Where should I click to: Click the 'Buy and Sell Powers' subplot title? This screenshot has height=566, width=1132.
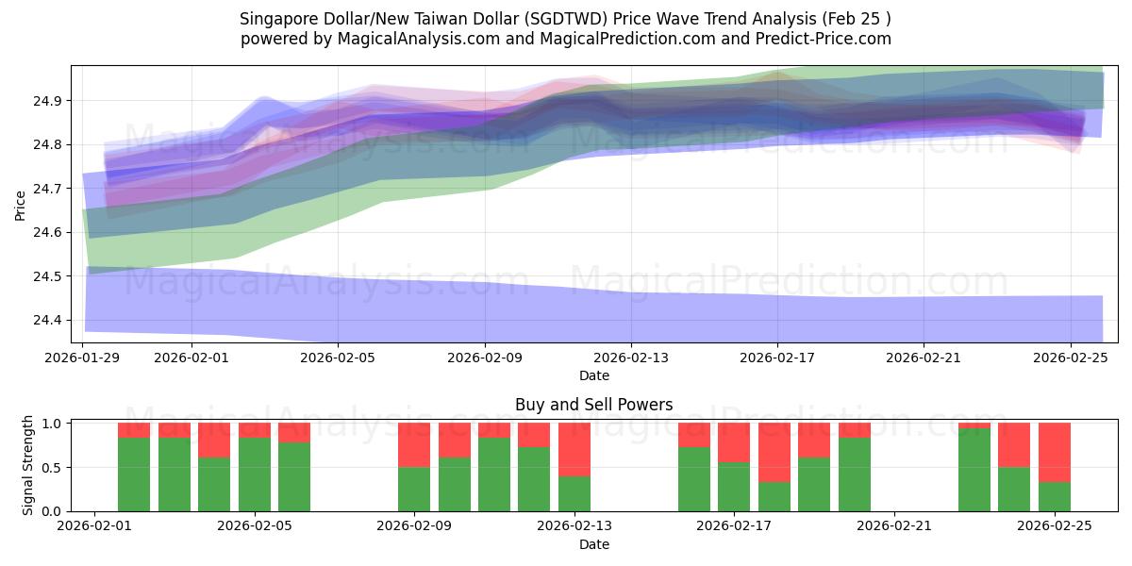[593, 405]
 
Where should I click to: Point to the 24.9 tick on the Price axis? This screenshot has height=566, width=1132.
[49, 101]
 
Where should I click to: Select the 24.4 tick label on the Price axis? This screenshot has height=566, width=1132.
[49, 321]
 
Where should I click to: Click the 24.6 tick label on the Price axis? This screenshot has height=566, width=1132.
[49, 233]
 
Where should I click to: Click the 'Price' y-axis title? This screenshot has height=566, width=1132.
[21, 204]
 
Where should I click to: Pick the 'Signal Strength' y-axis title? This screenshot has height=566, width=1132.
[28, 465]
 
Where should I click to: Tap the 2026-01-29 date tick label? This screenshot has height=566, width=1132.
[83, 358]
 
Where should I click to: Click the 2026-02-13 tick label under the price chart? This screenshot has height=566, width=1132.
[631, 358]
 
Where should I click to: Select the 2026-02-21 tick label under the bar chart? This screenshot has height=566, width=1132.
[892, 526]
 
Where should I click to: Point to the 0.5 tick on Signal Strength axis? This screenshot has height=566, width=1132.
[54, 467]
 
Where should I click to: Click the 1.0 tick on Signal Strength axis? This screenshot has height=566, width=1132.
[54, 424]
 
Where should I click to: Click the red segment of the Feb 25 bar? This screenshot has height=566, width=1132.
[1054, 452]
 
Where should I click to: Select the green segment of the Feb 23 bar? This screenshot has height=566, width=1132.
[974, 470]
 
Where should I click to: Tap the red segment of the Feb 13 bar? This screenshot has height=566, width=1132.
[574, 449]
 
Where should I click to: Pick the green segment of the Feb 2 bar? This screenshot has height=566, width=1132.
[134, 474]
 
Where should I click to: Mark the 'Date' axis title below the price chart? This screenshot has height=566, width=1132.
[593, 375]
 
